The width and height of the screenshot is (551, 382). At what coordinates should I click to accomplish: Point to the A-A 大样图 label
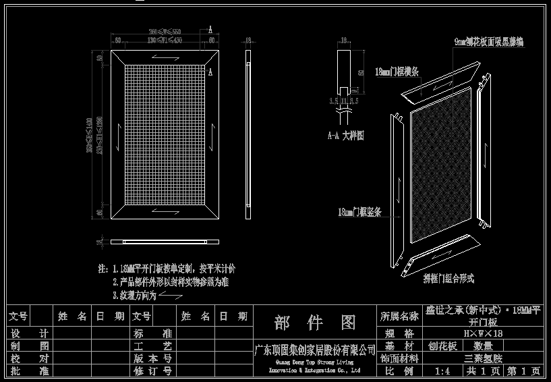[345, 136]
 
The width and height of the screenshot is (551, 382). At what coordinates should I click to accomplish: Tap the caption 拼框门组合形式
[448, 278]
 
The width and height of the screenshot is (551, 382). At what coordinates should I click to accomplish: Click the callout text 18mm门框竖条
[359, 212]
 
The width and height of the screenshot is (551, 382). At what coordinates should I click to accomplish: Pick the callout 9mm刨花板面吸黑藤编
[488, 42]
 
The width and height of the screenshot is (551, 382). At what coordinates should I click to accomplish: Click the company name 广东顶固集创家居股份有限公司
[314, 350]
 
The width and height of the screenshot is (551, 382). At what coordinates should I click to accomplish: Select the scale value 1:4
[442, 371]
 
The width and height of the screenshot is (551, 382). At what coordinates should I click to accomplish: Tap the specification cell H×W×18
[482, 333]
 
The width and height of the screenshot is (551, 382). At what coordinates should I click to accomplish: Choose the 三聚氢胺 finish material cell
[483, 359]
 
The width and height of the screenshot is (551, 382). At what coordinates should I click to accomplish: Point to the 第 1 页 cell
[523, 371]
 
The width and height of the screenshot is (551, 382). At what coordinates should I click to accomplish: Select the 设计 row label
[30, 333]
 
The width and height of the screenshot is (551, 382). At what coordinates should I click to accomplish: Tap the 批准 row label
[30, 371]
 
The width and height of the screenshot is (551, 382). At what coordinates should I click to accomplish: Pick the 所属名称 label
[399, 316]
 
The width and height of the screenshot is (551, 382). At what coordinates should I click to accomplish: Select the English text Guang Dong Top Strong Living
[315, 362]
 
